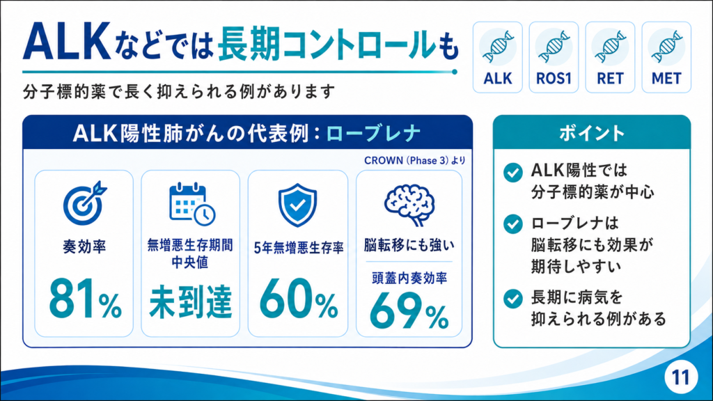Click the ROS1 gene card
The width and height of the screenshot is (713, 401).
click(x=554, y=57)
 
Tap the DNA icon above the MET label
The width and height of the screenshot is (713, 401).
click(x=666, y=47)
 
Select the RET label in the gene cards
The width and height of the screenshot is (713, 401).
click(x=610, y=79)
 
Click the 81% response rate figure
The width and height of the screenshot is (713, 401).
click(x=85, y=299)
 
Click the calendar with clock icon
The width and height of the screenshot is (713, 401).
click(x=192, y=204)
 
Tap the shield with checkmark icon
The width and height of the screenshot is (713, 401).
click(x=297, y=205)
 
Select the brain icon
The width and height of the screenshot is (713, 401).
click(x=409, y=205)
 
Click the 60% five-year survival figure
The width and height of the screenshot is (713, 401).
click(x=299, y=299)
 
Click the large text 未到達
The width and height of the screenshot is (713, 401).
click(x=191, y=301)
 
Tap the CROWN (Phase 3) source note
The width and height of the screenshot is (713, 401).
click(x=415, y=161)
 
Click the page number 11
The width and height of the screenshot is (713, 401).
click(x=681, y=377)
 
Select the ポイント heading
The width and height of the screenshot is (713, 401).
click(x=592, y=133)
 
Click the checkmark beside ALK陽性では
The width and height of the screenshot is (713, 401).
click(x=513, y=173)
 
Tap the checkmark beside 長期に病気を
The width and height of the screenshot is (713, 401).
click(x=513, y=299)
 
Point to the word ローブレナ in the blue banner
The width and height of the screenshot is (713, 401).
click(x=373, y=134)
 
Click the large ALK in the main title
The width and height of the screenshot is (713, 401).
click(x=67, y=42)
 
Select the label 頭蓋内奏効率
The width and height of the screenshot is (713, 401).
click(x=409, y=278)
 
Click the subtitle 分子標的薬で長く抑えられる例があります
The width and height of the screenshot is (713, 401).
click(x=179, y=92)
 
